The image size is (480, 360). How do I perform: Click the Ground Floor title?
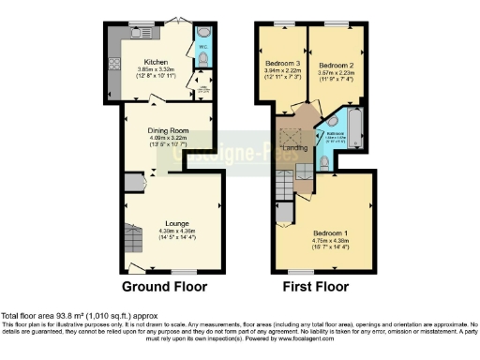click(164, 286)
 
